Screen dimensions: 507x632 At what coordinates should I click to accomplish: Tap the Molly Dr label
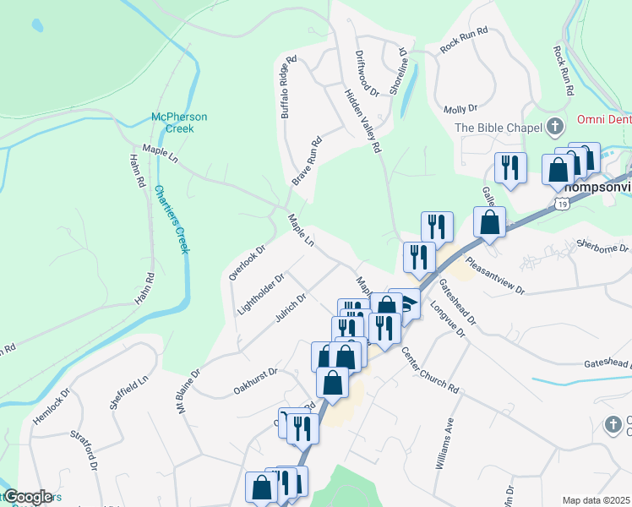[460, 109]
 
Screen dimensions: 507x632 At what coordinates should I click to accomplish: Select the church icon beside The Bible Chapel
[555, 128]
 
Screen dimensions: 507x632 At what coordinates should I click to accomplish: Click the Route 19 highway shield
[562, 204]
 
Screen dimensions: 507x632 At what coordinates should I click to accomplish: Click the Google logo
[27, 497]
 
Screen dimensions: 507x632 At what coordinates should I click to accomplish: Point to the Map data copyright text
[597, 500]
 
